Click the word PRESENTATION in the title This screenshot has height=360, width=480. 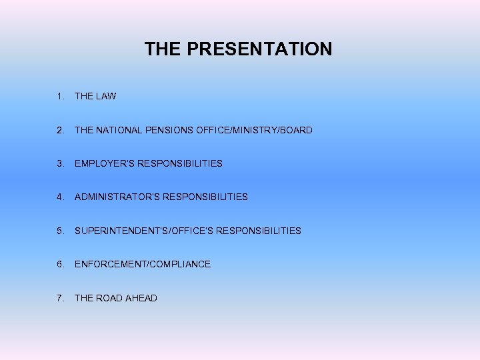click(x=259, y=49)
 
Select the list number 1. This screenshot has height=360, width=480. click(x=61, y=96)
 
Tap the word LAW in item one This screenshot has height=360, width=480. click(x=105, y=96)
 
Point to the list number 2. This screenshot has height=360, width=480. click(x=61, y=130)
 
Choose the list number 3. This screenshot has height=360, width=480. click(x=61, y=163)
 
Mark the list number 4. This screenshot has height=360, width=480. click(x=61, y=197)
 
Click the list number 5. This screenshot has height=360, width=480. click(x=61, y=231)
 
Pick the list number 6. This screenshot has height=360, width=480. click(x=61, y=264)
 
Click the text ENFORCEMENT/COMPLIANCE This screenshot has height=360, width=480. click(x=143, y=264)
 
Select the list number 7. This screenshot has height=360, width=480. click(x=61, y=298)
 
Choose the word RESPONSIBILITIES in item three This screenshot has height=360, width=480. click(x=180, y=163)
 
